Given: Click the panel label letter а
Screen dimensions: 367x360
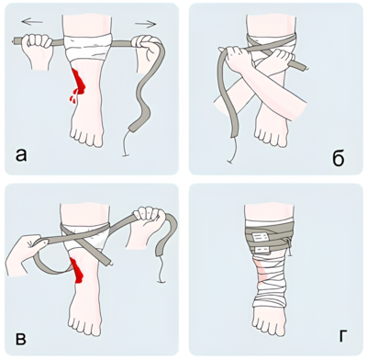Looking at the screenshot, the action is (x=21, y=155).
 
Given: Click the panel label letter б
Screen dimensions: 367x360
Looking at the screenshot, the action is (x=338, y=157).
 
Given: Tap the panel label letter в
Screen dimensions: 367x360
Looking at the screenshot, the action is (x=20, y=339).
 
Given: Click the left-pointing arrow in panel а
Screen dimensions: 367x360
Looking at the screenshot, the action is (x=32, y=21).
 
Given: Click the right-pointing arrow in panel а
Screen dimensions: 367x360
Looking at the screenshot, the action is (x=145, y=24).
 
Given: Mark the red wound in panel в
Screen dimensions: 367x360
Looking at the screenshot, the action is (x=77, y=270).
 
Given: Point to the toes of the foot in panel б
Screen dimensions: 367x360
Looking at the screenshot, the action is (x=271, y=135).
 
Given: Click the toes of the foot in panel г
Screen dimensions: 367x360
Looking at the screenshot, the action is (x=269, y=322).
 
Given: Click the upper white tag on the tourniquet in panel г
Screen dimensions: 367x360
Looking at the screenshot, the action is (x=260, y=236).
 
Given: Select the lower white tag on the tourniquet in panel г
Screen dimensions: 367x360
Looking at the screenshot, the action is (x=261, y=251).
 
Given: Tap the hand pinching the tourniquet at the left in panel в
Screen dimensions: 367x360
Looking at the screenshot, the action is (x=25, y=255).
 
